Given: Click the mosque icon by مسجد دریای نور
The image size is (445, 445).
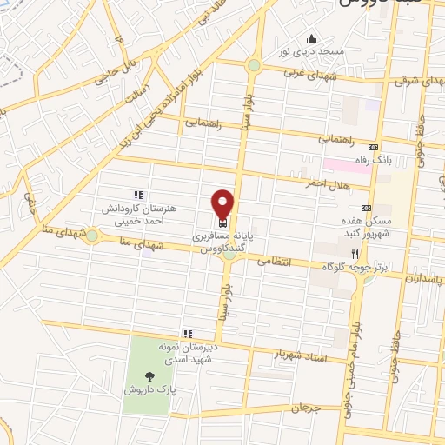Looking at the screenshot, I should coord(311,39).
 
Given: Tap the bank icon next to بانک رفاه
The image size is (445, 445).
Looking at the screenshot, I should coord(374,146).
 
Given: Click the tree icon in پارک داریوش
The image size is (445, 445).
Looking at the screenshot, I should coord(151,376).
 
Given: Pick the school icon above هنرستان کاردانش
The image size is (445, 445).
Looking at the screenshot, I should coord(136,195).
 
